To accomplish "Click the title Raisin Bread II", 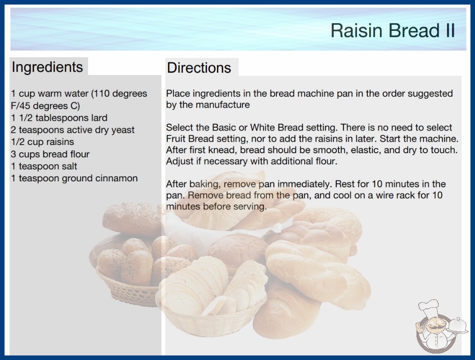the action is (x=393, y=30).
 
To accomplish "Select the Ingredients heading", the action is (x=47, y=67).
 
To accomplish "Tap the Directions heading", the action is (x=199, y=68).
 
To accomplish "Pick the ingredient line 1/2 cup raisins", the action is (x=42, y=142).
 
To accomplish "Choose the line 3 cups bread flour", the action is (x=50, y=154).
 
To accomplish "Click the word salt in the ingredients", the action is (x=69, y=166).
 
